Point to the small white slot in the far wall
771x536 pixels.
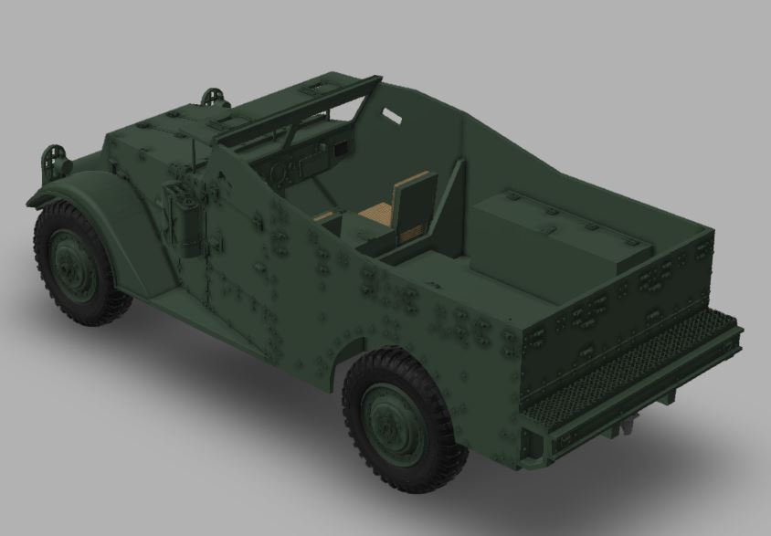click(392, 118)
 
